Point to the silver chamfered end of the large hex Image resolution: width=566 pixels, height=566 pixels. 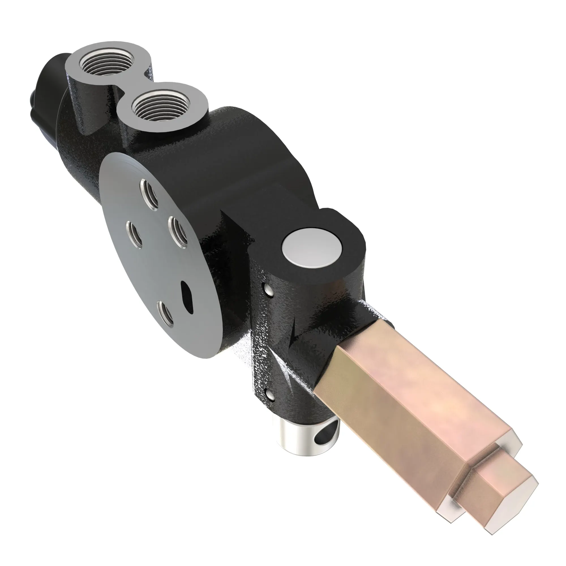448,495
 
